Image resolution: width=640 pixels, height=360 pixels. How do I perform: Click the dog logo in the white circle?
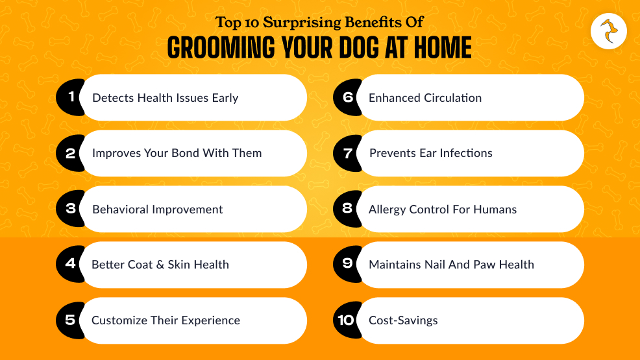(x=609, y=31)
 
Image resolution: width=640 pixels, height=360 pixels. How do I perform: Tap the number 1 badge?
(x=70, y=97)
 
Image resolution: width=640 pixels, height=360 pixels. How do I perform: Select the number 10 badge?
(x=347, y=320)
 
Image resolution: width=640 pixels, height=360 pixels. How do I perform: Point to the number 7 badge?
(x=347, y=153)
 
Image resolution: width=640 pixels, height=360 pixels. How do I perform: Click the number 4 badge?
(x=70, y=264)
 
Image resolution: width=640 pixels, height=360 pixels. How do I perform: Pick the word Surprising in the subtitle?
(x=302, y=23)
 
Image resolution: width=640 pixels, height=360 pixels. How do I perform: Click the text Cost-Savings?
(x=403, y=320)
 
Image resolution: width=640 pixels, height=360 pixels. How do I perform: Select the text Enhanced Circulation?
(x=425, y=98)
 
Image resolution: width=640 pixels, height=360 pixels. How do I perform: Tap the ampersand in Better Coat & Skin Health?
(x=160, y=265)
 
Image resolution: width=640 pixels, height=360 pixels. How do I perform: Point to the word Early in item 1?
(x=225, y=98)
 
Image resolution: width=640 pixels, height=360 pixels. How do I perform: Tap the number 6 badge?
(x=347, y=97)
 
